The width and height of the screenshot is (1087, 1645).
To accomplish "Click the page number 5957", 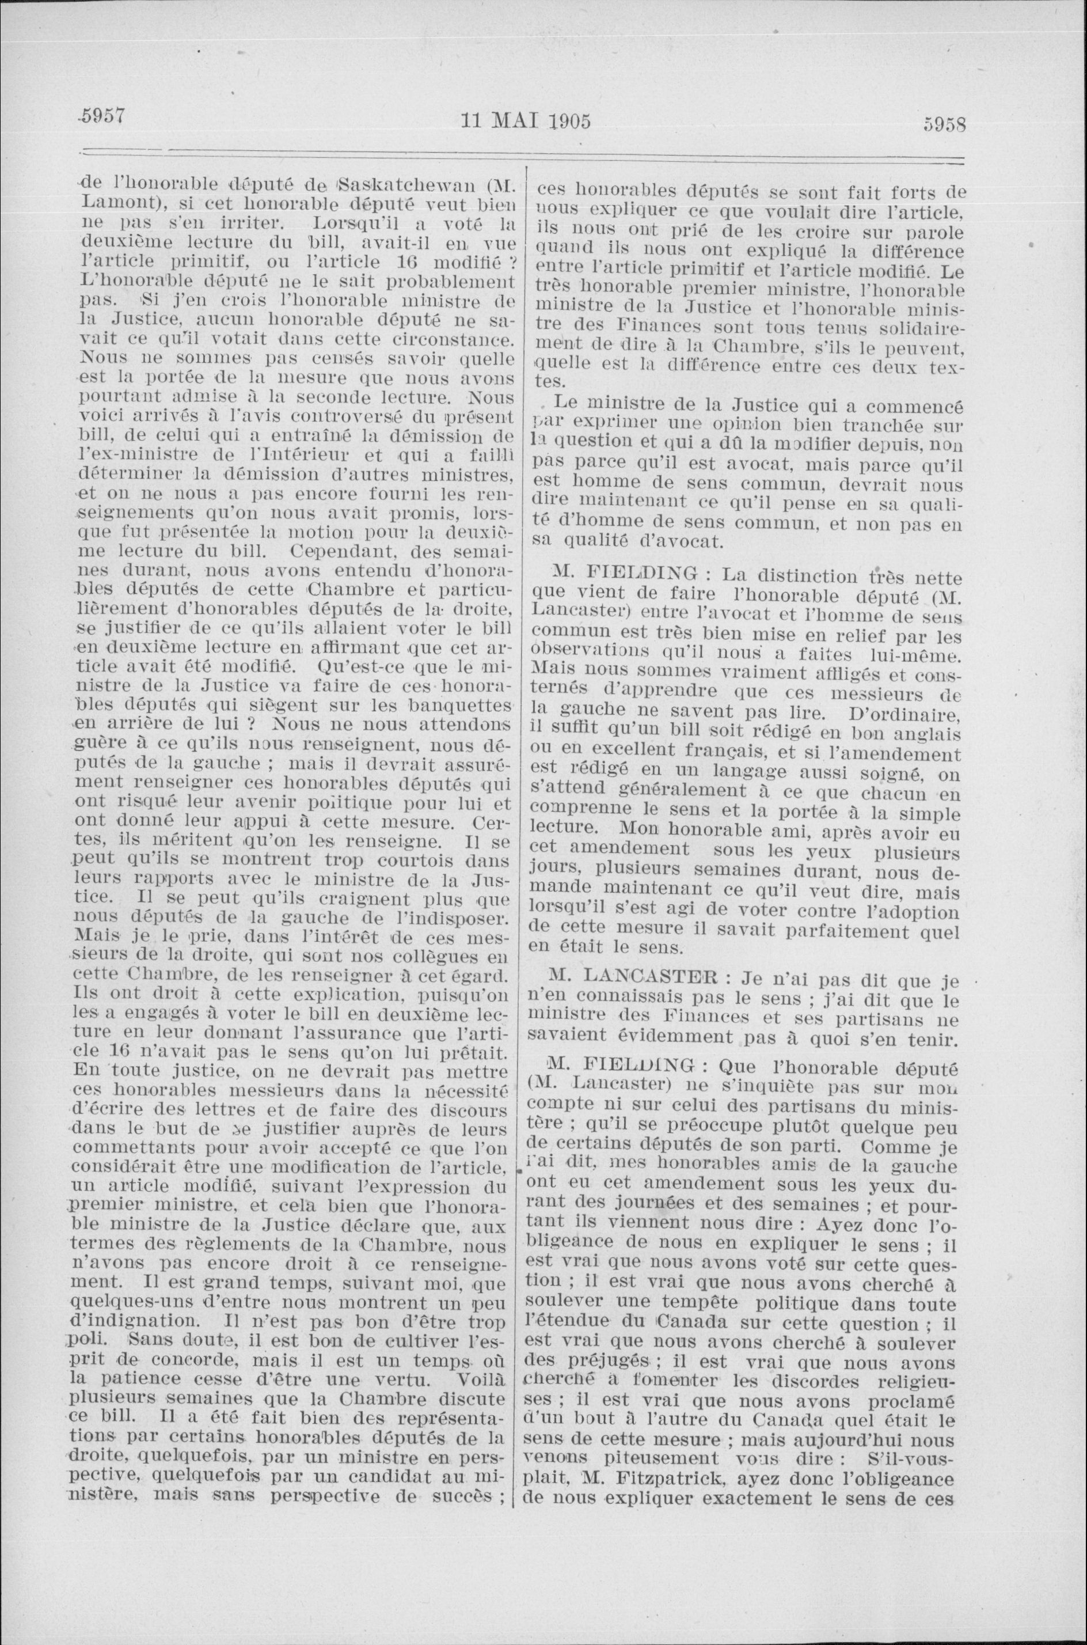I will click(101, 117).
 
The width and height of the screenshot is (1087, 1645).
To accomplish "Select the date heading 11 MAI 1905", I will click(526, 122).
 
